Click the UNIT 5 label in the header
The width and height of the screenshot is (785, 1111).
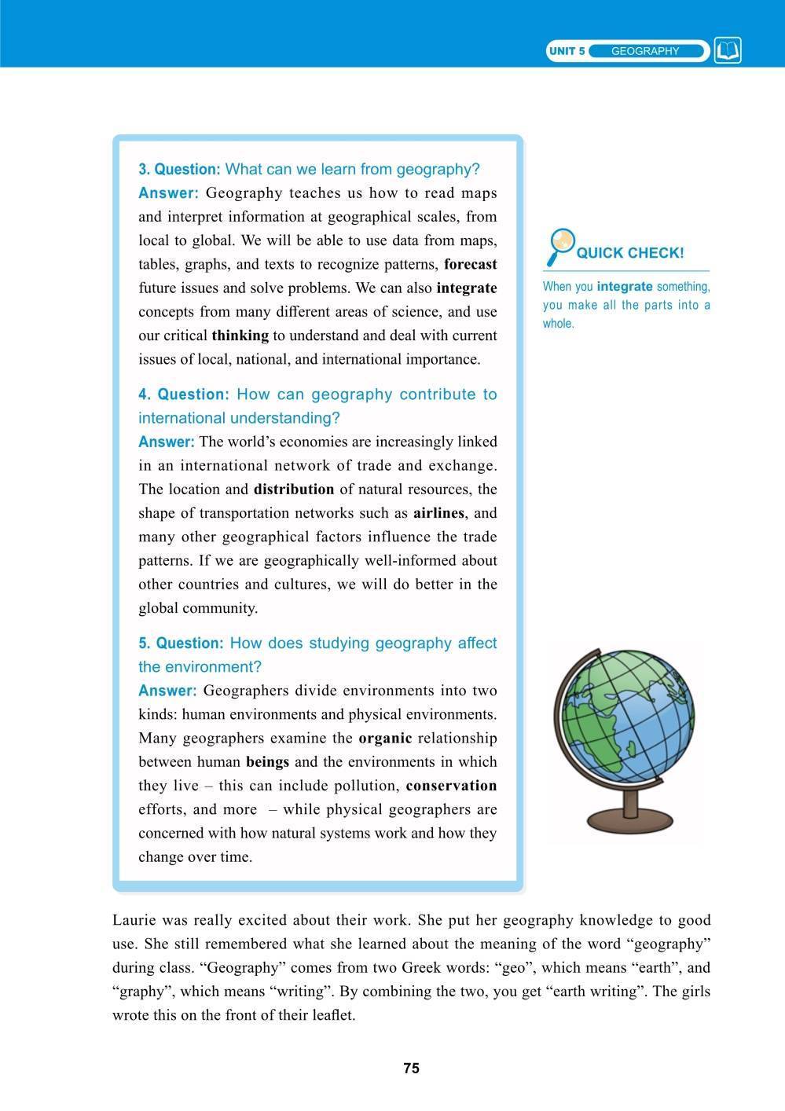click(x=567, y=51)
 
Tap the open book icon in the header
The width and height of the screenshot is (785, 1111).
click(x=728, y=51)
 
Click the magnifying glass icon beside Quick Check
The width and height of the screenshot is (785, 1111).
click(x=561, y=245)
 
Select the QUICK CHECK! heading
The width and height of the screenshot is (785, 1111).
click(x=630, y=253)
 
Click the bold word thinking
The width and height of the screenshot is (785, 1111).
click(x=240, y=335)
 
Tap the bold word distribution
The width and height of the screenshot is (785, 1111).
click(x=294, y=489)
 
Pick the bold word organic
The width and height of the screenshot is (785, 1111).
click(x=385, y=738)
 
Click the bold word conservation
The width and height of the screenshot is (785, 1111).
click(x=452, y=785)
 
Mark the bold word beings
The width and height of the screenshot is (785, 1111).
click(x=267, y=761)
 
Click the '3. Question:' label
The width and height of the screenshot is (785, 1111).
click(x=179, y=169)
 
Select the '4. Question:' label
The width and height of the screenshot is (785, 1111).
click(x=184, y=394)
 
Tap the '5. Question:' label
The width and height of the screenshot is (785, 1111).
click(x=181, y=643)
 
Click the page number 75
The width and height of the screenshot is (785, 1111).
click(x=411, y=1068)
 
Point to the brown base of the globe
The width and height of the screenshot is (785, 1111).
click(x=629, y=821)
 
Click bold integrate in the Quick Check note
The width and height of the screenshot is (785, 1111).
click(x=625, y=287)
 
